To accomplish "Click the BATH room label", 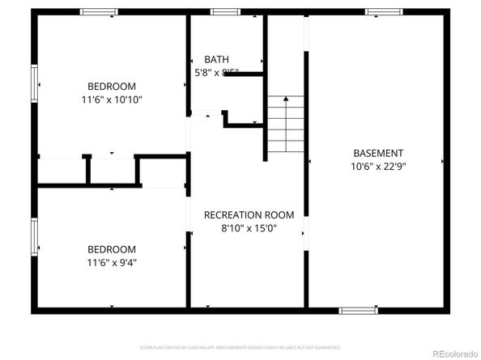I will click(x=216, y=59).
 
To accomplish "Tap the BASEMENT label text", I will click(x=378, y=153).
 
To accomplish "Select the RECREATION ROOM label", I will click(x=249, y=215).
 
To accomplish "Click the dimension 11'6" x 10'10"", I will click(x=112, y=100).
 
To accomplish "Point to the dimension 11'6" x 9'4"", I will click(x=112, y=262).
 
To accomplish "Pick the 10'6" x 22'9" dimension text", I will click(x=378, y=167).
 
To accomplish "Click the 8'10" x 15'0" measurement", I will click(x=249, y=228).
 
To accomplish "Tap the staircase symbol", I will click(x=284, y=125).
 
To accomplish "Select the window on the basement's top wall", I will click(x=384, y=12).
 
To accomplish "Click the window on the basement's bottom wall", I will click(x=357, y=310).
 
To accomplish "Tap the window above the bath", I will click(x=225, y=12).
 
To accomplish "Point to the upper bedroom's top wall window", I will click(x=100, y=12).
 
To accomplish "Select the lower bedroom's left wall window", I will click(x=35, y=235).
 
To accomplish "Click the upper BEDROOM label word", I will click(x=112, y=87).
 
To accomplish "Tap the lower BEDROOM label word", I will click(x=112, y=249).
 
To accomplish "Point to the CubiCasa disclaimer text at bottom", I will click(x=240, y=347).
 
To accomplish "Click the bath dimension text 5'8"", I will click(x=202, y=73).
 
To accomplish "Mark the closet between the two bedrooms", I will click(x=112, y=170).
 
